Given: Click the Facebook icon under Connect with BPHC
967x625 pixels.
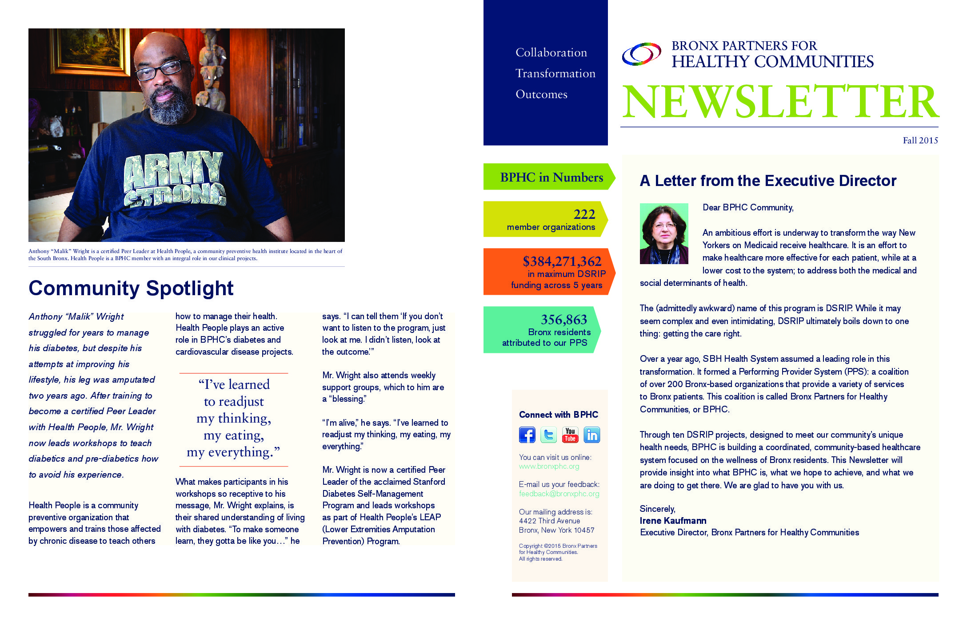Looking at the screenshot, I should pos(527,435).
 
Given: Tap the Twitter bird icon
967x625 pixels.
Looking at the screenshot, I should pos(548,435).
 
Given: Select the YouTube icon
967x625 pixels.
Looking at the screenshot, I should pos(570,435).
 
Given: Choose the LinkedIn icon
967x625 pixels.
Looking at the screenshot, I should pos(591,435).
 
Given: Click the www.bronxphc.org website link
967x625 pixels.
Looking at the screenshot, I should pos(549,466).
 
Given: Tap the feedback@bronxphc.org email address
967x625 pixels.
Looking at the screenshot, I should pos(559,494).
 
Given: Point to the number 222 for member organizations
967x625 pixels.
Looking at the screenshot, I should pos(584,214).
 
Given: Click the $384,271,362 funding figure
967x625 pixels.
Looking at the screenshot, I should pos(562,261).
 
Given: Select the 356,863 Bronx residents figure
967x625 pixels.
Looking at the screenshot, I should pos(563,320).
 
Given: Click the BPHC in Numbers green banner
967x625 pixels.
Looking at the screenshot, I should pos(551,177).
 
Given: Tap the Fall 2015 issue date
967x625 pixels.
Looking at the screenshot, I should pos(920,140).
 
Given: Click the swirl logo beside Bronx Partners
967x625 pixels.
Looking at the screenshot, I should pos(641,55).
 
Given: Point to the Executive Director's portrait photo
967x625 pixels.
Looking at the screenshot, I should pos(664,233).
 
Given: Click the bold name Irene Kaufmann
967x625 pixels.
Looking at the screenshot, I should pos(673,521).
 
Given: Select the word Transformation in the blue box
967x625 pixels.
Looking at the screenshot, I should pos(555,74).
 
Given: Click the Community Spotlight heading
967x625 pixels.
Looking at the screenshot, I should pos(131,288).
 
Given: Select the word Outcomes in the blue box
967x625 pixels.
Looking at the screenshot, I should pos(541,95).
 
